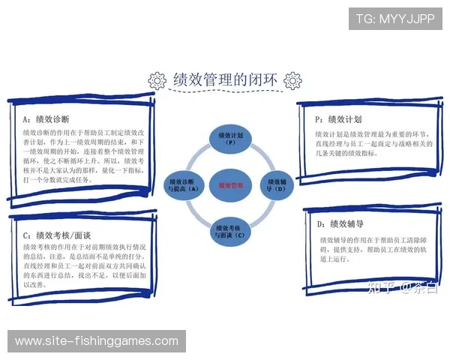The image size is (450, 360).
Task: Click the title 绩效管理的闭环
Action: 225,79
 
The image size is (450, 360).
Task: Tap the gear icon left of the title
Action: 157,80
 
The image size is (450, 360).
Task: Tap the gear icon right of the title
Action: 293,80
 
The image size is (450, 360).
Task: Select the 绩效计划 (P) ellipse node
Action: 225,138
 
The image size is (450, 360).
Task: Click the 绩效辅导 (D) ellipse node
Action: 275,184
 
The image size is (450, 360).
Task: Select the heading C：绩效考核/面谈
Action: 57,234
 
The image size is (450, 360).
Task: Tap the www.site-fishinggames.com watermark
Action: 96,341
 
